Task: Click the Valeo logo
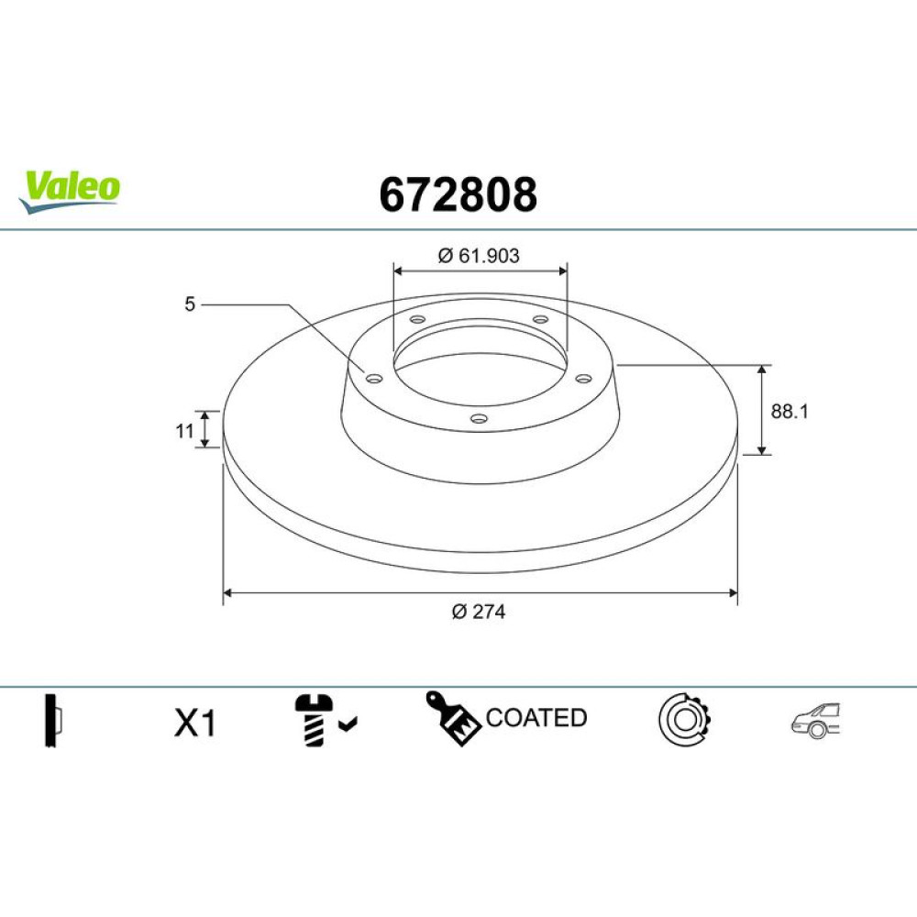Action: [70, 191]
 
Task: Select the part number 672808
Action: [458, 194]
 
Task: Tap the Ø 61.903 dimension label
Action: [479, 256]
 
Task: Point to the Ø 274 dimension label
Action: [479, 612]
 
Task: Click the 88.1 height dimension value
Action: [789, 411]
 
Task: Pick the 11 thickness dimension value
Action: [185, 431]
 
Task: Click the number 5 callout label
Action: [190, 304]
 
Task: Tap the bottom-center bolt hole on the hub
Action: [479, 418]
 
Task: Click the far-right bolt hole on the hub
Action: [583, 379]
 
